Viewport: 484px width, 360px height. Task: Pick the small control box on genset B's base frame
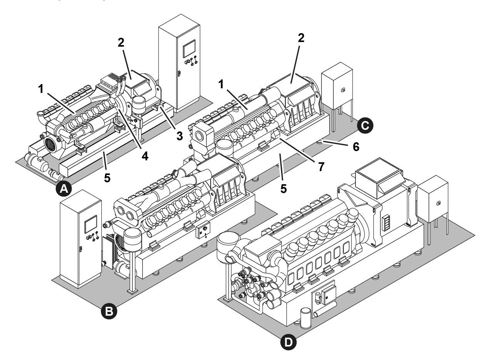click(x=203, y=232)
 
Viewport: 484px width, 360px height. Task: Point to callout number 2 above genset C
click(x=301, y=37)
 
